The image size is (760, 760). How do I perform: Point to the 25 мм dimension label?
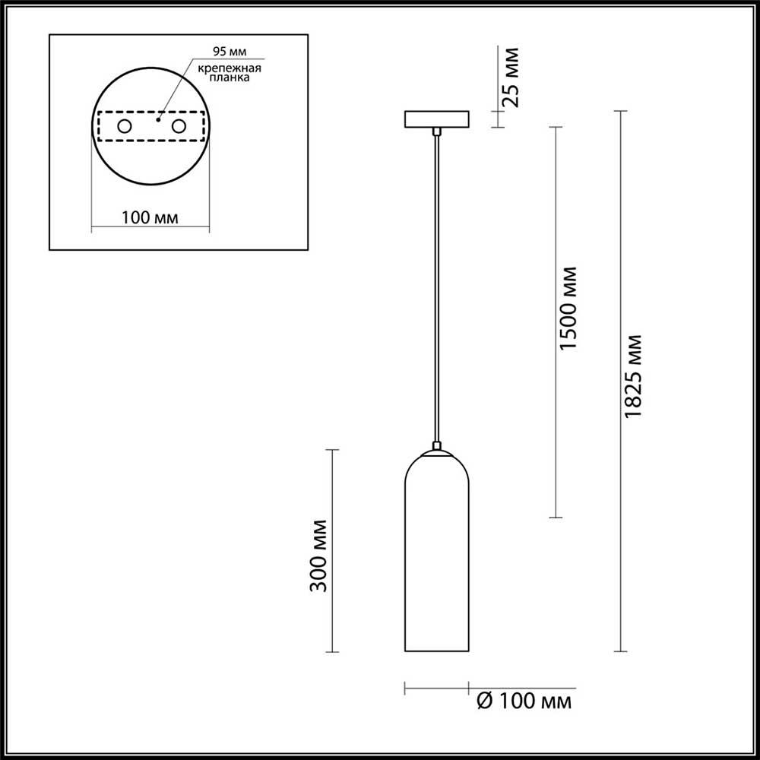coord(511,78)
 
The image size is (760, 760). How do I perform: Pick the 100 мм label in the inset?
coord(150,218)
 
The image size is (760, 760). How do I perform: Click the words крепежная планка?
coord(230,74)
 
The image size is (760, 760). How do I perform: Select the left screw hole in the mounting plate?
coord(123,126)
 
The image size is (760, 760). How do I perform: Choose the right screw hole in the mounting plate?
coord(179,126)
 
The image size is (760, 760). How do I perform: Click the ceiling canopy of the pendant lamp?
coord(437,119)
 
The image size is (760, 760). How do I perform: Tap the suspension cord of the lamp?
coord(437,289)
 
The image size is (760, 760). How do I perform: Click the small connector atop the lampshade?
coord(437,446)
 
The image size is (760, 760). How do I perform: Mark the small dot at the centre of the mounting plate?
coord(158,119)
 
